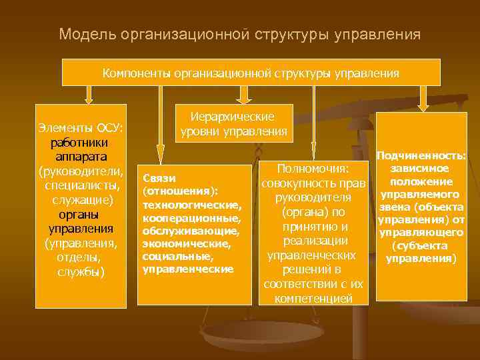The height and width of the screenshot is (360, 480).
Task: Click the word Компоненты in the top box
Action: pyautogui.click(x=136, y=73)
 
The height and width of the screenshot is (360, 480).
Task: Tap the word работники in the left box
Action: pyautogui.click(x=79, y=143)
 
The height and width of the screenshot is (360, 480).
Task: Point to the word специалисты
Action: pyautogui.click(x=81, y=185)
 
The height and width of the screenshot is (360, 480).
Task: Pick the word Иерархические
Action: pyautogui.click(x=233, y=117)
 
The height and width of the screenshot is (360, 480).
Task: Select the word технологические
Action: pyautogui.click(x=190, y=203)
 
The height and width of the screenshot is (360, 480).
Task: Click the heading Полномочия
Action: pyautogui.click(x=313, y=169)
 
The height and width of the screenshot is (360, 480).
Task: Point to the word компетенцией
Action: pyautogui.click(x=313, y=299)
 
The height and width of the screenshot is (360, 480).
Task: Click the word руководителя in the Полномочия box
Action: pyautogui.click(x=313, y=197)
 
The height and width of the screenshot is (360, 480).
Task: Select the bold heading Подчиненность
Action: pyautogui.click(x=421, y=155)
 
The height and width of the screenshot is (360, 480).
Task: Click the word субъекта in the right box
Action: pyautogui.click(x=421, y=245)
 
